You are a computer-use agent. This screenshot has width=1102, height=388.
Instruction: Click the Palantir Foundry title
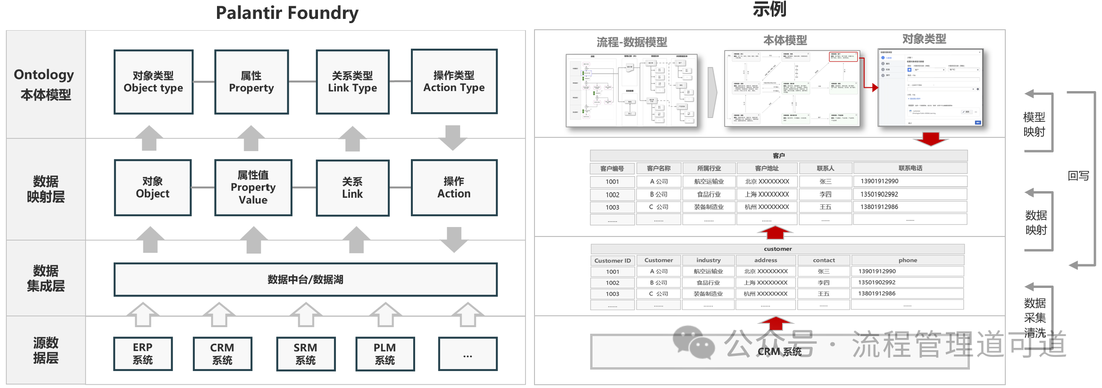(287, 13)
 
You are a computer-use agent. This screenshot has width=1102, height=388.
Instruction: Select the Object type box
(153, 82)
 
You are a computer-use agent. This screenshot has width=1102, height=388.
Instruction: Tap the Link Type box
(352, 82)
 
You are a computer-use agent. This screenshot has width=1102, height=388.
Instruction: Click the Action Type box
(454, 81)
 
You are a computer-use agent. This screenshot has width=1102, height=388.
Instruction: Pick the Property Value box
(253, 187)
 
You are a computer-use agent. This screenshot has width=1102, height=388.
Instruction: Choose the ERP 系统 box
(142, 354)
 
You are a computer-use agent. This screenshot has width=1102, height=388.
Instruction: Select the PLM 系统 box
(384, 354)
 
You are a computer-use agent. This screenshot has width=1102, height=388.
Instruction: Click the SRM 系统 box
(305, 354)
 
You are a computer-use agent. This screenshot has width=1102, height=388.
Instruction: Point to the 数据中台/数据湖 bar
(305, 279)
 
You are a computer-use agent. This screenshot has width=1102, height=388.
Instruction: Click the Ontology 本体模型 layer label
(45, 84)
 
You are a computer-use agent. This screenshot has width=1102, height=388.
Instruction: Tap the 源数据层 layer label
(45, 350)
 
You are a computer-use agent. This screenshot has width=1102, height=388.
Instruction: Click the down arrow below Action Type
(452, 137)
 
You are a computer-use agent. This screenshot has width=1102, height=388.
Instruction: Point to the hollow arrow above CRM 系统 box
(219, 314)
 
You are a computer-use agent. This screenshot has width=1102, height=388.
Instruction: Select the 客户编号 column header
(612, 169)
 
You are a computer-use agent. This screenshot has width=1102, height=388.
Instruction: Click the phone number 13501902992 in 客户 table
(879, 194)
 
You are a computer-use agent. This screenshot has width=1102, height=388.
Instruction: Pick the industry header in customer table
(708, 260)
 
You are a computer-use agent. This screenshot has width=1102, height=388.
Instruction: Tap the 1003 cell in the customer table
(612, 294)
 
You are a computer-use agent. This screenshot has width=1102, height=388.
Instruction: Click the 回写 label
(1078, 176)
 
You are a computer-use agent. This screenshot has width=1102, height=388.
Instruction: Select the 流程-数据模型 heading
(632, 42)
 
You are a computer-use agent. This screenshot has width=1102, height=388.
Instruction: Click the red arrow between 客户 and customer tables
(775, 232)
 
